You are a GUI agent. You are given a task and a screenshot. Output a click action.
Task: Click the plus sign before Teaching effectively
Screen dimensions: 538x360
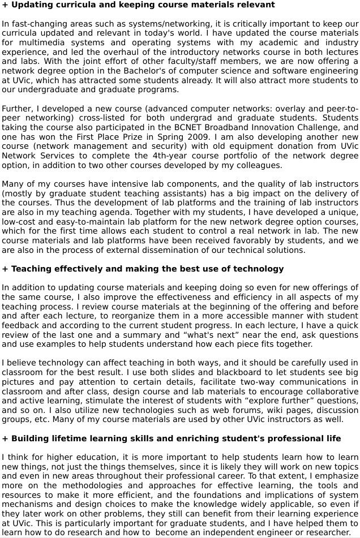pos(5,269)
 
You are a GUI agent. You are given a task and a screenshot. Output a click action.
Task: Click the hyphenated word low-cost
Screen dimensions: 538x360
pos(20,222)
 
